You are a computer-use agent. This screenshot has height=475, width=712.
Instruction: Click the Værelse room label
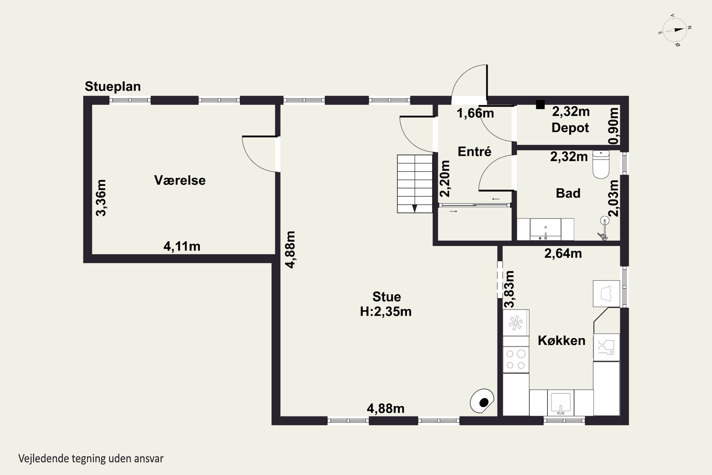[x=180, y=180]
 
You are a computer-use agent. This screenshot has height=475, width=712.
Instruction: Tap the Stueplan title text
[x=112, y=87]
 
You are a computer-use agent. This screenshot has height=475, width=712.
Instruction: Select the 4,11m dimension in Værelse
[x=182, y=246]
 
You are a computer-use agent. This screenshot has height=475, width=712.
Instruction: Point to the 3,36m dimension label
[x=101, y=198]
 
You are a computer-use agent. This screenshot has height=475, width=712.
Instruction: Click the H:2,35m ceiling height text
[x=386, y=312]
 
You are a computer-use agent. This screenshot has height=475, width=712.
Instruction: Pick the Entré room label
[x=474, y=152]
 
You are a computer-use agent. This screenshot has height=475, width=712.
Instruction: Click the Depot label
[x=570, y=128]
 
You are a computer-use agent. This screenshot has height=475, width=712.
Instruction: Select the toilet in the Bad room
[x=601, y=165]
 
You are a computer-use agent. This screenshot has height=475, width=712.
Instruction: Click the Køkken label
[x=562, y=341]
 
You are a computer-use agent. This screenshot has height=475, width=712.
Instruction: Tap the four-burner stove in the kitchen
[x=516, y=360]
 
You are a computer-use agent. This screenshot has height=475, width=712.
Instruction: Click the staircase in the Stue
[x=415, y=184]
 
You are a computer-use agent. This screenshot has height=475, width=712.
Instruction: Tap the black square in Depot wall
[x=540, y=104]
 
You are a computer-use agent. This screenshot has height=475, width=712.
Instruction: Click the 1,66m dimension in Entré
[x=475, y=113]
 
